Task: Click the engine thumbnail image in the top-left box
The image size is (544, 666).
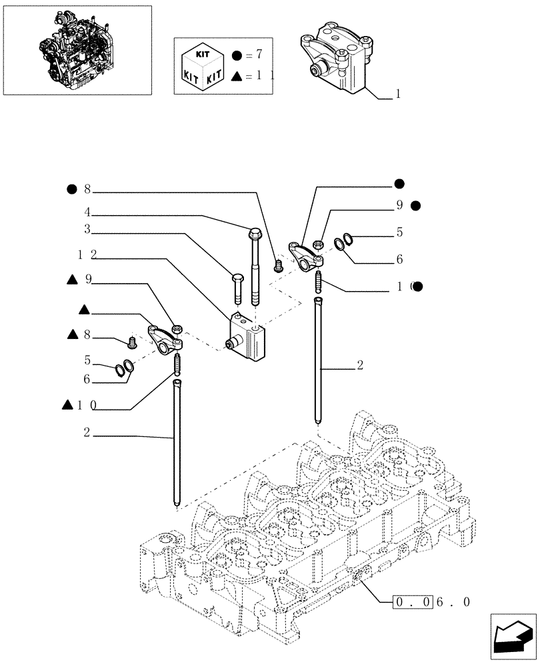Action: point(77,50)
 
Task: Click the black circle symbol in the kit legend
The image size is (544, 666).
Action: point(237,54)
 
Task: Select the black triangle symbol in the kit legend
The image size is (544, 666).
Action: point(237,77)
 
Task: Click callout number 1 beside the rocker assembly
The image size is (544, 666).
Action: point(398,95)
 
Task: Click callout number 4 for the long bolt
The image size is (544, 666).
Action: point(87,214)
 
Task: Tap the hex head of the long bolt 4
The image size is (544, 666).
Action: point(255,233)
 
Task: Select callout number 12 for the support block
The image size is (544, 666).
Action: point(87,254)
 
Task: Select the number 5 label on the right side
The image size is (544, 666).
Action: point(399,232)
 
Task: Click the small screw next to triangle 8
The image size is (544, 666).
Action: point(132,343)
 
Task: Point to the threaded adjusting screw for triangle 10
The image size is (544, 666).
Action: point(178,364)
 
